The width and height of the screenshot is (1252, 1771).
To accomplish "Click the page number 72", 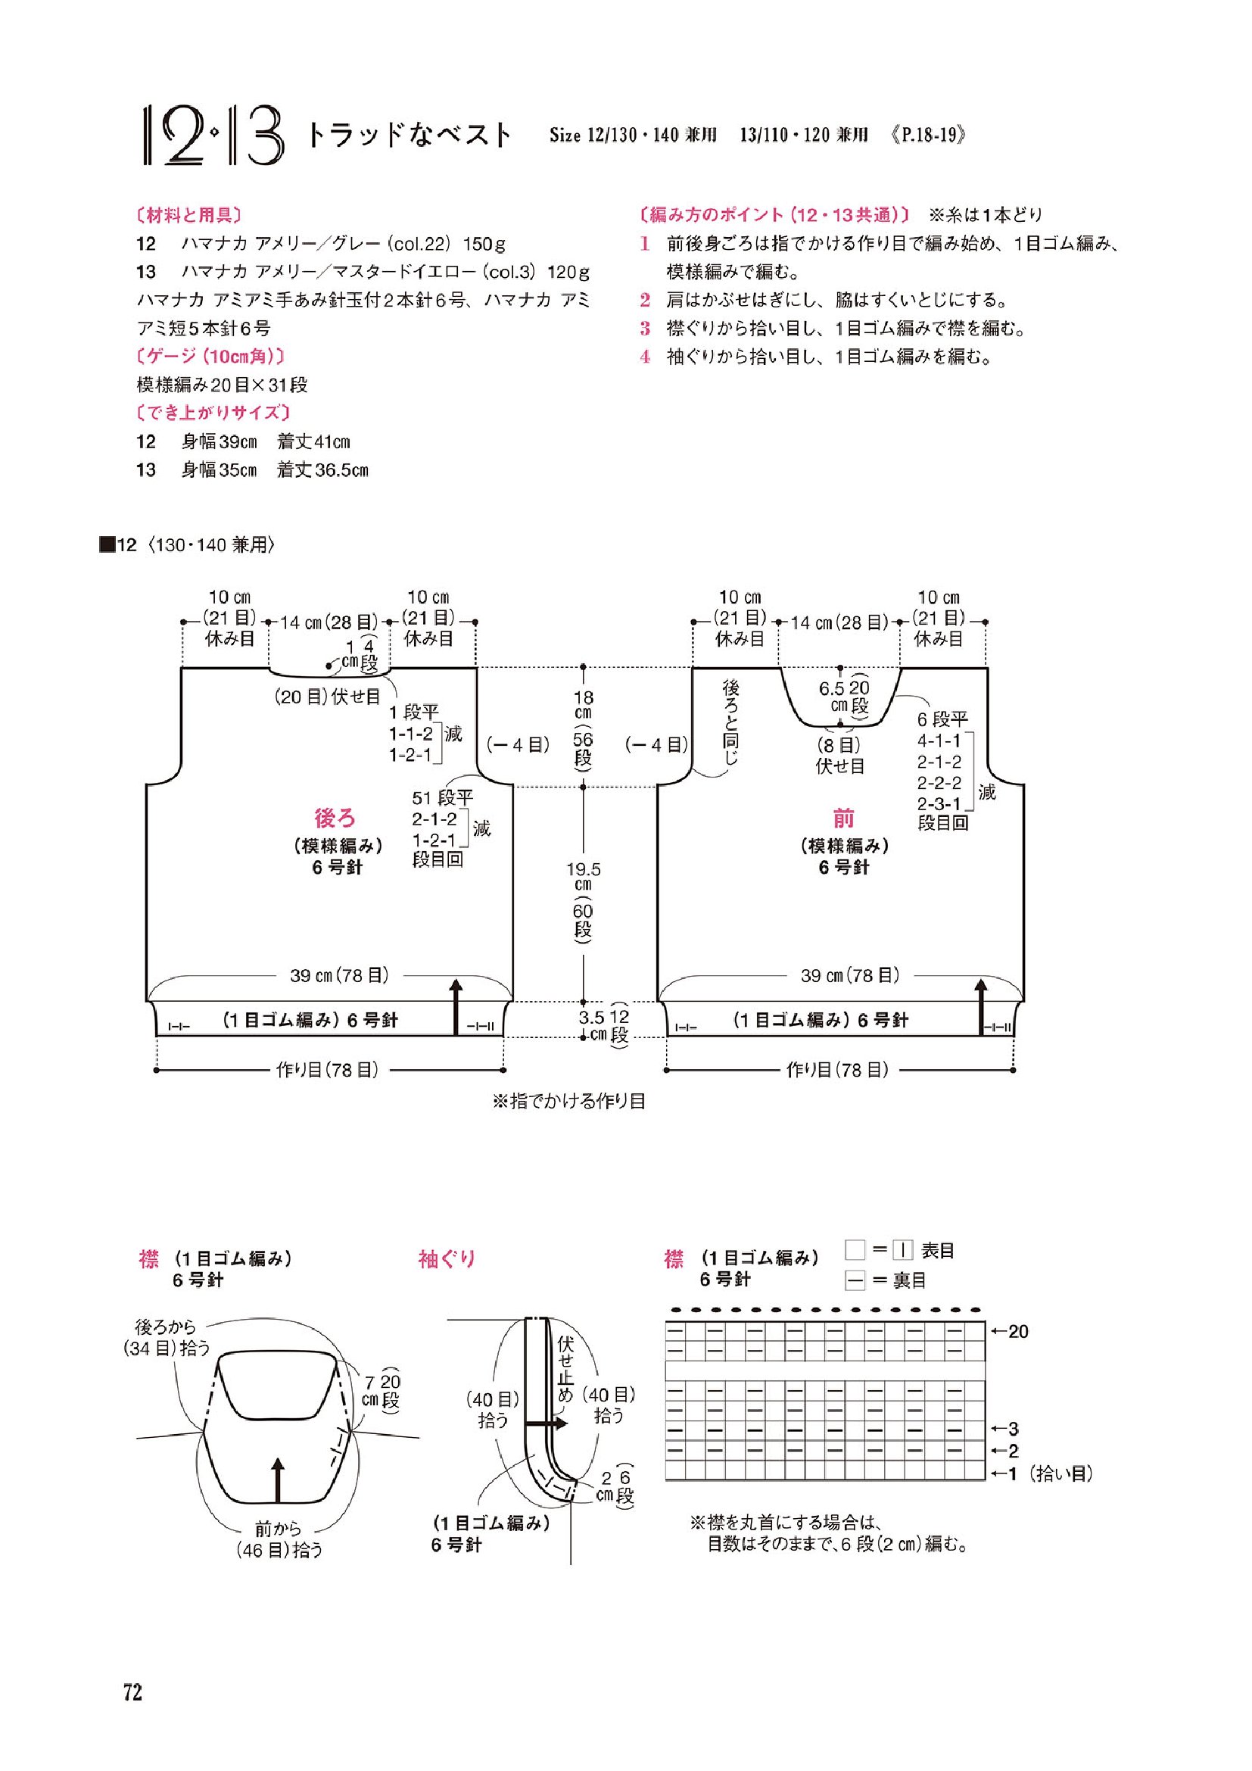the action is click(132, 1693).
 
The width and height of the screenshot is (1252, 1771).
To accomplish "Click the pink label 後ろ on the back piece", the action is click(335, 818).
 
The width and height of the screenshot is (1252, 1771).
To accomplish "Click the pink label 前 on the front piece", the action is click(843, 818).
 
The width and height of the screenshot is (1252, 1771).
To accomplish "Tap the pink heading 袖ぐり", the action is click(447, 1260).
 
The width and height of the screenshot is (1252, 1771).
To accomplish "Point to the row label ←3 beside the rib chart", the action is click(1005, 1429).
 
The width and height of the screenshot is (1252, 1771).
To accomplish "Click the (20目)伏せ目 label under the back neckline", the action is click(328, 697).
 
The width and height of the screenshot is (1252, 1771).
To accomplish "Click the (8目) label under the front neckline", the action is click(839, 745).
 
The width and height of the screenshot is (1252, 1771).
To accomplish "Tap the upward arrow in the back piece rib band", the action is click(456, 1006).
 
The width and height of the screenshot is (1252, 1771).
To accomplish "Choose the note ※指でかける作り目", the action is click(569, 1101).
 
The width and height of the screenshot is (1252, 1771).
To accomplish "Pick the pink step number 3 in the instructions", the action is click(645, 329).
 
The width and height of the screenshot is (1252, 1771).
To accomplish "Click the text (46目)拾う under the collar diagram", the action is click(279, 1550).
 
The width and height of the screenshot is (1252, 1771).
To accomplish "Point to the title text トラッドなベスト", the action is click(410, 135).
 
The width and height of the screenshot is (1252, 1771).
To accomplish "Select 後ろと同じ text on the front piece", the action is click(730, 722).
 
